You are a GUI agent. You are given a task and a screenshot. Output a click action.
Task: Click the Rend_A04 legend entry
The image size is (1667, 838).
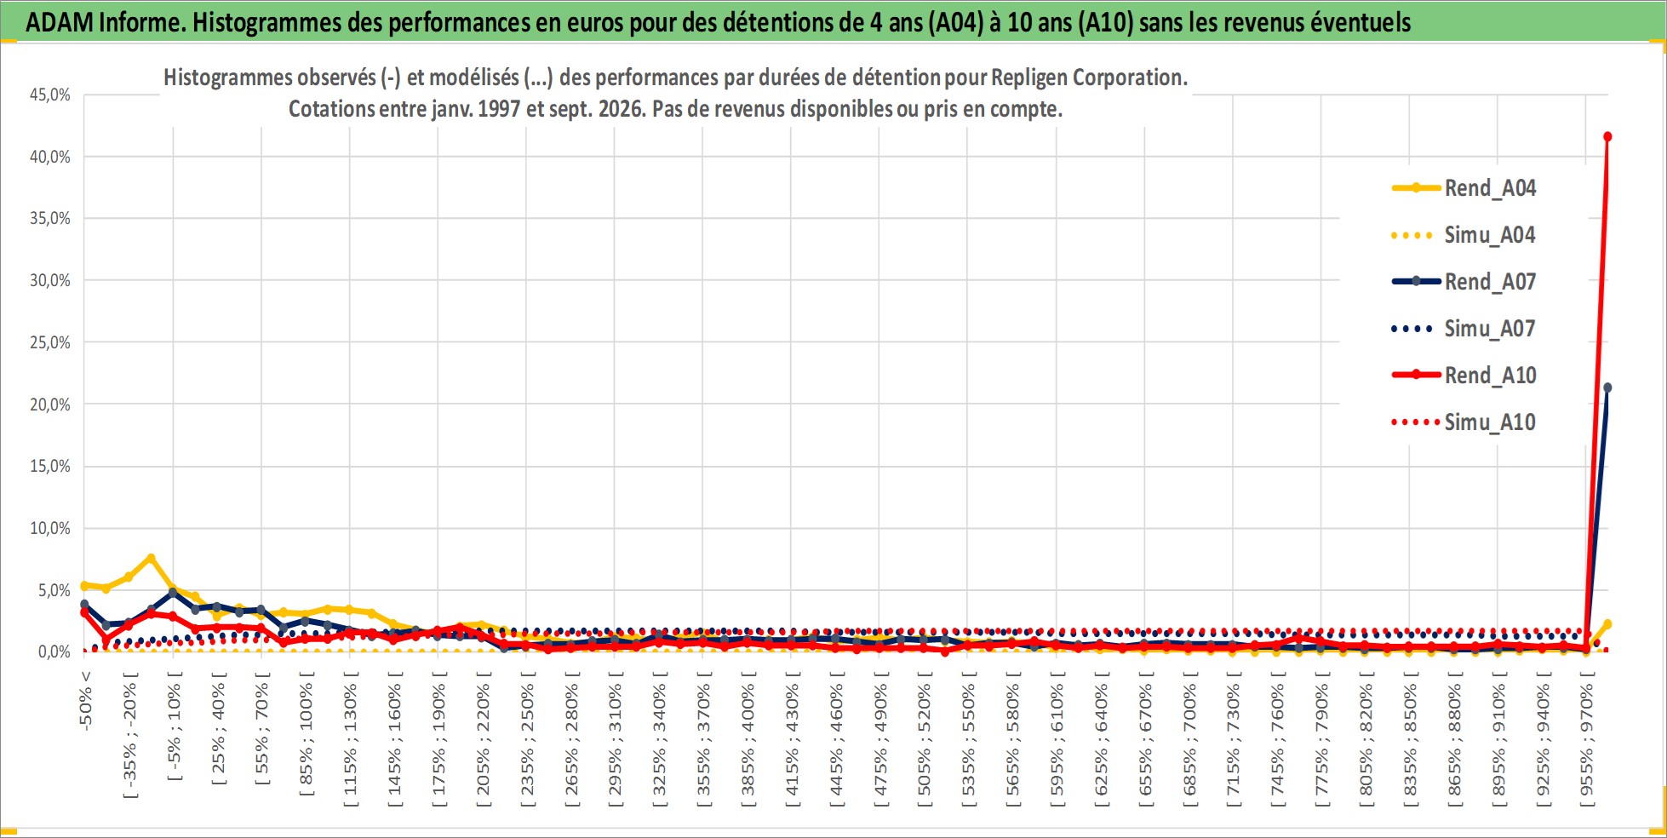tap(1464, 188)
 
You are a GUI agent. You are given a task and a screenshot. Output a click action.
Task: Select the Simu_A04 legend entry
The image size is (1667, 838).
tap(1464, 235)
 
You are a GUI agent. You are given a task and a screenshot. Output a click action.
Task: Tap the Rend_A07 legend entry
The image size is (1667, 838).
tap(1464, 282)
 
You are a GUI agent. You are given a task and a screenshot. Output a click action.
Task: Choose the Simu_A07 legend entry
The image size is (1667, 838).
tap(1464, 329)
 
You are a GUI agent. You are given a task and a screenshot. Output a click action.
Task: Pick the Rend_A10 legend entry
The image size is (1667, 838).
tap(1464, 376)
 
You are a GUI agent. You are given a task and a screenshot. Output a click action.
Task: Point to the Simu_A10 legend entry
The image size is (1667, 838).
tap(1464, 422)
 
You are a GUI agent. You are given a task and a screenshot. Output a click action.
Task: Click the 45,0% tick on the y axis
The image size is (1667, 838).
tap(50, 95)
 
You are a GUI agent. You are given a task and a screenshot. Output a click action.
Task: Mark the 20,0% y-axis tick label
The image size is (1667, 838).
tap(50, 405)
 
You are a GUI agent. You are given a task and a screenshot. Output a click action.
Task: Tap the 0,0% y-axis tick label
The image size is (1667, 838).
tap(54, 652)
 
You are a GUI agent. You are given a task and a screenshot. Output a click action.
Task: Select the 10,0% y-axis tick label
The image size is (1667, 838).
tap(50, 528)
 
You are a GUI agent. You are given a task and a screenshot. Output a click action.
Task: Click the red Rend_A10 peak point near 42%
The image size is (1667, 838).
tap(1607, 136)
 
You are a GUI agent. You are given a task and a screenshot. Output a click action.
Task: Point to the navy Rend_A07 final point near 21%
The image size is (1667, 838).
tap(1607, 387)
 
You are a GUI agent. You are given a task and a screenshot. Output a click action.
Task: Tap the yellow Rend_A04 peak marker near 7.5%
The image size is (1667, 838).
tap(151, 558)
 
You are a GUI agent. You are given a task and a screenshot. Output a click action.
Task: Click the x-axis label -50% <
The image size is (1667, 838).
tap(85, 700)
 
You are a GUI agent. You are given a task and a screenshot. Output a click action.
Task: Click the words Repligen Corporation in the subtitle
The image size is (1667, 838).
tap(1089, 77)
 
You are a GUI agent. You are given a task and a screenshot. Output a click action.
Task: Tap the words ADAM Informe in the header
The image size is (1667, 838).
tap(105, 22)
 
